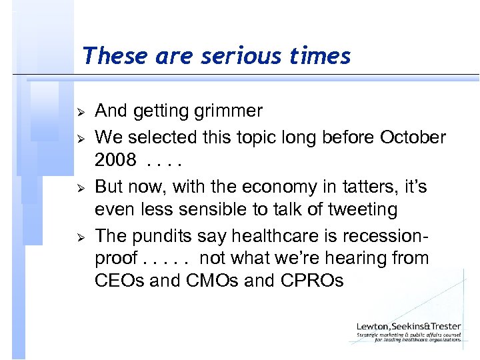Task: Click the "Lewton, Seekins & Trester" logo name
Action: coord(409,326)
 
